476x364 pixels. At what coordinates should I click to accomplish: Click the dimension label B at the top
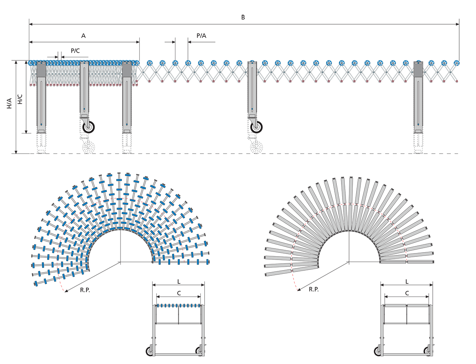click(x=243, y=17)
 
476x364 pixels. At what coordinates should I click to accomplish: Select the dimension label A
click(x=83, y=36)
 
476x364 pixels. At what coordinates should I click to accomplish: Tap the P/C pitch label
click(x=75, y=50)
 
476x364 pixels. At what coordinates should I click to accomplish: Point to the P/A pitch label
click(x=202, y=36)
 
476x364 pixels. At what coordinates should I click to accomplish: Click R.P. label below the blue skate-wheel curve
click(x=85, y=290)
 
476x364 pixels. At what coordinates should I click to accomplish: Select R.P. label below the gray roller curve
click(x=314, y=289)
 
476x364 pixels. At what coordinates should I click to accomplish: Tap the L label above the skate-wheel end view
click(x=179, y=281)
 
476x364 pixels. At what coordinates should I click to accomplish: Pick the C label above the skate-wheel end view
click(x=179, y=293)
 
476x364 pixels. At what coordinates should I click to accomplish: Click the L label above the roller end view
click(x=407, y=281)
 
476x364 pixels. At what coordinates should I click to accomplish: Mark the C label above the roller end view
click(x=407, y=293)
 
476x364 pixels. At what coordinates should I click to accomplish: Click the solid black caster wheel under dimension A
click(x=89, y=127)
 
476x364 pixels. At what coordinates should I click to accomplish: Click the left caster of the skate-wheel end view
click(x=150, y=351)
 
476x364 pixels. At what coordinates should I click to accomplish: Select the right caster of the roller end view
click(x=427, y=351)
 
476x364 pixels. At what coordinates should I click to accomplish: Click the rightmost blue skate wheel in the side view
click(x=457, y=63)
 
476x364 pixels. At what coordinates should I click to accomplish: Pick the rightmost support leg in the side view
click(x=418, y=97)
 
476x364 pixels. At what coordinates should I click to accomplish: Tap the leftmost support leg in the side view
click(x=41, y=97)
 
